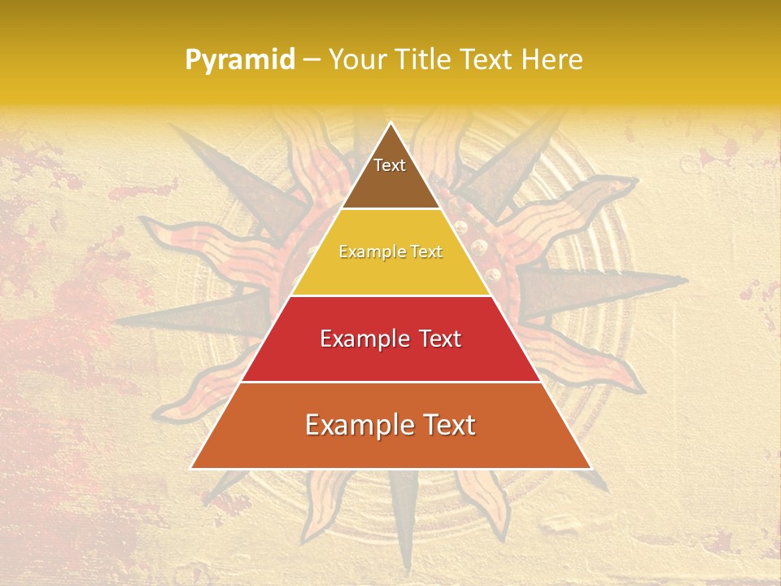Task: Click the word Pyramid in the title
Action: point(240,60)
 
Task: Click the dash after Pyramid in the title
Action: point(311,60)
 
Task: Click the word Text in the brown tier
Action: point(390,165)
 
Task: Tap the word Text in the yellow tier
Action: point(427,251)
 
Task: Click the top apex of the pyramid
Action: point(390,123)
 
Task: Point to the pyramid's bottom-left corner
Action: point(191,468)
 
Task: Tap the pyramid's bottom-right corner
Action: point(591,468)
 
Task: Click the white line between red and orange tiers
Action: point(390,382)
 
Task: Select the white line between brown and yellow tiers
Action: point(390,209)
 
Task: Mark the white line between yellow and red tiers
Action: point(390,295)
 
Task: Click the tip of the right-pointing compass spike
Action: point(687,280)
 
